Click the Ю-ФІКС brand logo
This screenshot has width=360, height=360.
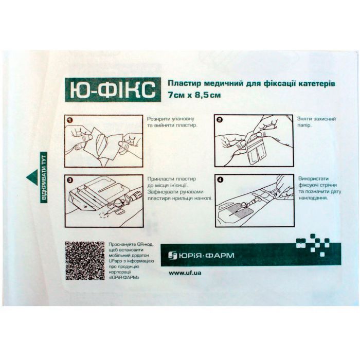[x=113, y=89]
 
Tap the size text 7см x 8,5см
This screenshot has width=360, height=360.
[x=194, y=95]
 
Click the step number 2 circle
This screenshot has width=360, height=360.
[x=220, y=120]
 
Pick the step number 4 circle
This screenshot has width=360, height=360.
[x=220, y=180]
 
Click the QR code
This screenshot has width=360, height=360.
[x=85, y=261]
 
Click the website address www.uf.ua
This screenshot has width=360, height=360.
[x=185, y=273]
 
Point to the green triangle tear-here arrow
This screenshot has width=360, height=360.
[x=32, y=177]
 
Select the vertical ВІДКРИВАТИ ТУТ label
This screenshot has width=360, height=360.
[x=44, y=177]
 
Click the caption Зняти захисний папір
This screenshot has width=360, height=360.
[x=316, y=122]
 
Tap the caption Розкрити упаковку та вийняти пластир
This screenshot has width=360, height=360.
[x=172, y=122]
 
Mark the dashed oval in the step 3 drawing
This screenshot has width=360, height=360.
[x=104, y=215]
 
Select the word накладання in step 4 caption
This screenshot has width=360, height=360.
[x=313, y=197]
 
